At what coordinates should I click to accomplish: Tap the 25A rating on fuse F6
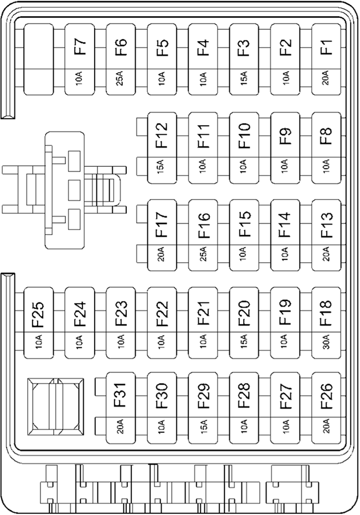[121, 79]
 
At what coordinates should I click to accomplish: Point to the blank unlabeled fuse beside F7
[39, 59]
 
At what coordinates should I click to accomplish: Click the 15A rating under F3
[244, 79]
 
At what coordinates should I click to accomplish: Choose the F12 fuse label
[162, 135]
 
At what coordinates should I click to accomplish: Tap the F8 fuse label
[327, 136]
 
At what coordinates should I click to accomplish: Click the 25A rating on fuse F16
[203, 254]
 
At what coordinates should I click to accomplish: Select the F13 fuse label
[327, 225]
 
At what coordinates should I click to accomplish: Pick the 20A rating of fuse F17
[162, 254]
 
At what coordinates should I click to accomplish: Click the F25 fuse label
[39, 314]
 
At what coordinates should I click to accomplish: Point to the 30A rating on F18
[327, 341]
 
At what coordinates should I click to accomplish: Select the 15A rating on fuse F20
[244, 341]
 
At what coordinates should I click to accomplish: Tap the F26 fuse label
[327, 396]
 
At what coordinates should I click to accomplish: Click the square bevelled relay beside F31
[55, 406]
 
